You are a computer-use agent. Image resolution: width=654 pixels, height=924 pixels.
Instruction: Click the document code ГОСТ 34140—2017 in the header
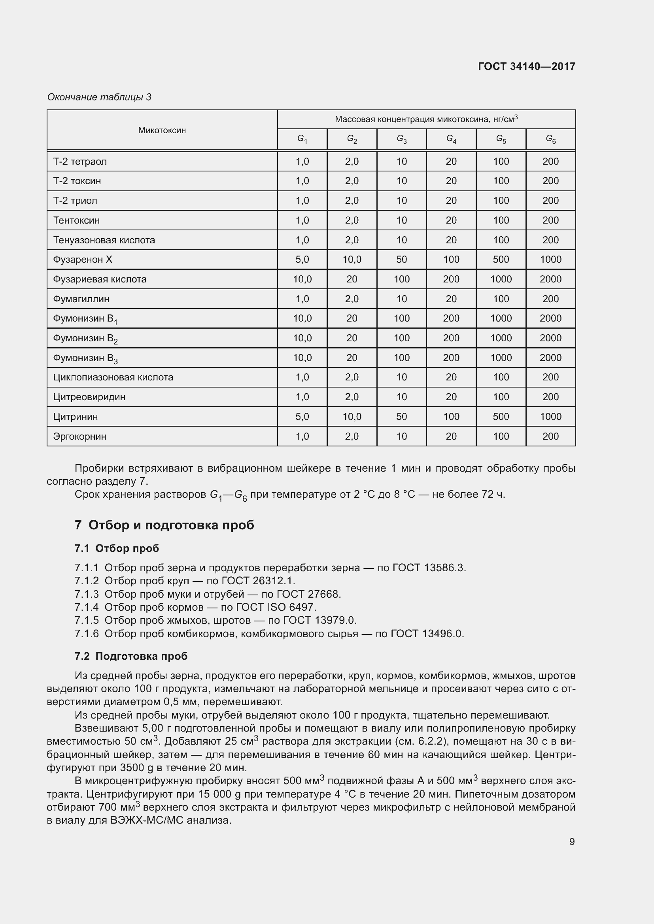point(526,66)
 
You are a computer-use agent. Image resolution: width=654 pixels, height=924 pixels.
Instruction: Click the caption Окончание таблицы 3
point(99,97)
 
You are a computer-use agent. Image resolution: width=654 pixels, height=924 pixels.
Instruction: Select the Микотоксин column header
point(162,130)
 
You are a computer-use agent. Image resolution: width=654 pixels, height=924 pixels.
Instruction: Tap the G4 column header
point(451,139)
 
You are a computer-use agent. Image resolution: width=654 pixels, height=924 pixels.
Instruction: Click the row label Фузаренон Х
point(83,260)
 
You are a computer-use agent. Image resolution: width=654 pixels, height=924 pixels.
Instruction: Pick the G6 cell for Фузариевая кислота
point(550,279)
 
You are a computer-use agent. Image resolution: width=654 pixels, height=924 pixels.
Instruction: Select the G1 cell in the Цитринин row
point(302,416)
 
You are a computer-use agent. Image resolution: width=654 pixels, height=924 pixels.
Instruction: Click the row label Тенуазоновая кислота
point(104,240)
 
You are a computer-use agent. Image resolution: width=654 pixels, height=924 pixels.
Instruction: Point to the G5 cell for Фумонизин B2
point(501,338)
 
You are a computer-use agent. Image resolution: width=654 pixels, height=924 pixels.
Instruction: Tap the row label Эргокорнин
point(80,436)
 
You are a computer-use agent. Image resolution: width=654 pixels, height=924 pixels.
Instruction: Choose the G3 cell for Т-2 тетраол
point(401,162)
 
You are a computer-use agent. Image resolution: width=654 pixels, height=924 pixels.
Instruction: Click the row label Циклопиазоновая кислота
point(113,378)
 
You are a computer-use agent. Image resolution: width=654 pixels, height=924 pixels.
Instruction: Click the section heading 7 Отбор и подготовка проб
point(164,525)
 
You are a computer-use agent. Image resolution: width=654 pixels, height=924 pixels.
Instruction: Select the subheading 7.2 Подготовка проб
point(131,656)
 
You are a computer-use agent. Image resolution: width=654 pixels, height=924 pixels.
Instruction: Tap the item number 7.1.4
point(87,607)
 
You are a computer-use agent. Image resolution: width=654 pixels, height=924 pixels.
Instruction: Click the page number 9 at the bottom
point(572,841)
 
